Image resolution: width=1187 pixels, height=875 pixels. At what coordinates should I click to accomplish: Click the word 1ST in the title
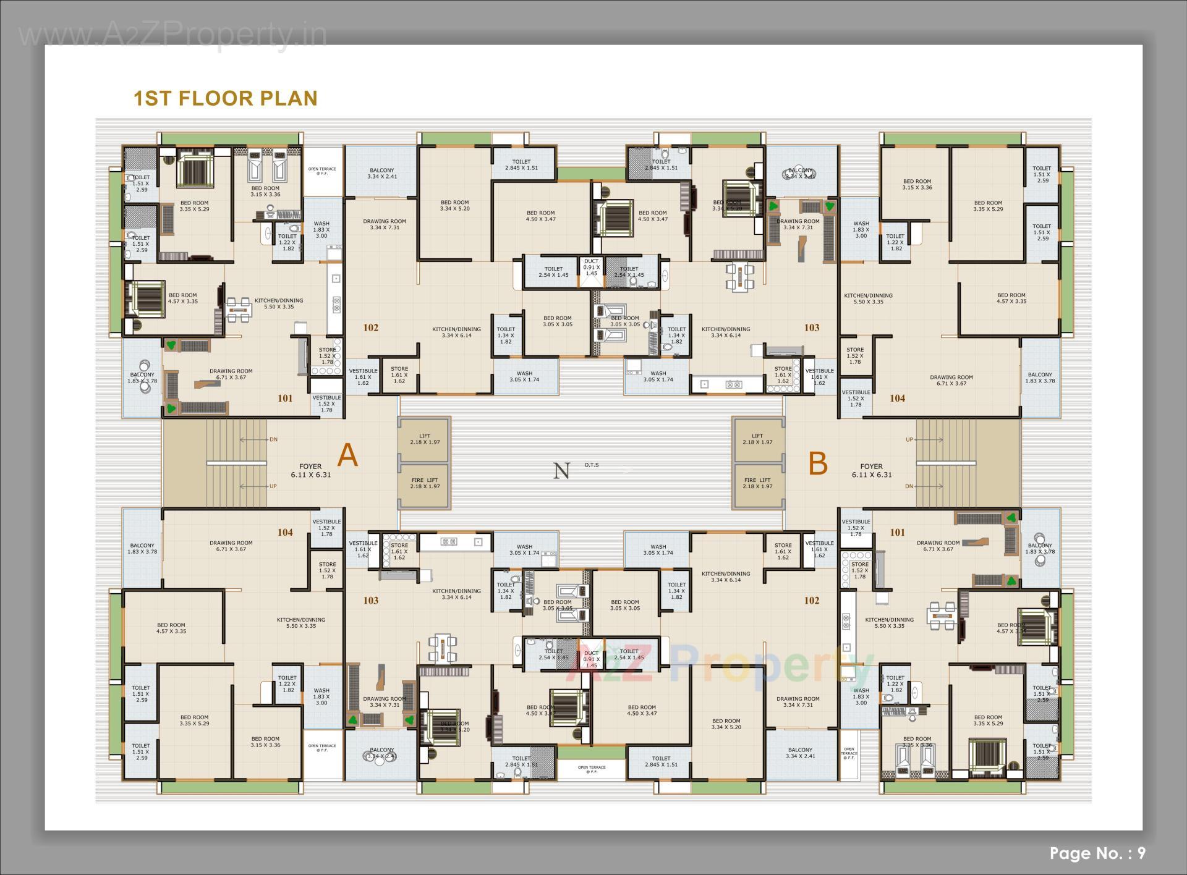[151, 98]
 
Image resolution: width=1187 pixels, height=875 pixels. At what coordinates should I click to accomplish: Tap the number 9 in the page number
[1141, 853]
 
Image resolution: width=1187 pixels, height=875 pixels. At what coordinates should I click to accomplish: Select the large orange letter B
[818, 463]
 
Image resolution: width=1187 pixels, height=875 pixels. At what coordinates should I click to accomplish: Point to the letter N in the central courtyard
[561, 471]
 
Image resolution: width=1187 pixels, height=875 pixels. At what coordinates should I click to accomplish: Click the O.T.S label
[591, 465]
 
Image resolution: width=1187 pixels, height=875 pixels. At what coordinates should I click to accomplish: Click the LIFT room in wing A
[424, 439]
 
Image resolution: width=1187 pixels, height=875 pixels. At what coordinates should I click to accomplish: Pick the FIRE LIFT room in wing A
[424, 483]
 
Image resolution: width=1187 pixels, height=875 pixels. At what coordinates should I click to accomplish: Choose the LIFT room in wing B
[757, 439]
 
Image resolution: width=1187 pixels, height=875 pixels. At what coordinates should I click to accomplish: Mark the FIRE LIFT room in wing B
[757, 483]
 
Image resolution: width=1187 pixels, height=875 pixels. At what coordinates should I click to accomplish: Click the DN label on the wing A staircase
[273, 440]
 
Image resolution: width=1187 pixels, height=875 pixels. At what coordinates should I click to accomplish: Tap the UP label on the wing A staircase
[273, 486]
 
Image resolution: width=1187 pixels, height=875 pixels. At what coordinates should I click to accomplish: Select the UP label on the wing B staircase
[909, 440]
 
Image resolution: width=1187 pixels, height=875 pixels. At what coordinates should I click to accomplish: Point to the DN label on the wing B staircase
[909, 486]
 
